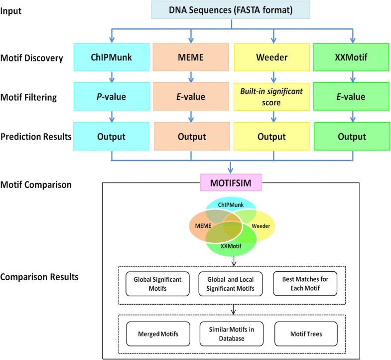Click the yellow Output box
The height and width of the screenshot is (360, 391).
point(272,136)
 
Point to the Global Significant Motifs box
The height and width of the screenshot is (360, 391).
point(154,283)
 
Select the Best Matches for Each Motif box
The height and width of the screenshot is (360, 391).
point(305,283)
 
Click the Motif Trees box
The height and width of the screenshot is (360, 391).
point(305,333)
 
